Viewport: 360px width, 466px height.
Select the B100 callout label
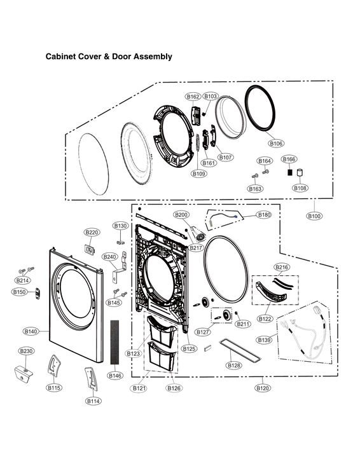pos(314,216)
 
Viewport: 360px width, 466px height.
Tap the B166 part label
pos(289,159)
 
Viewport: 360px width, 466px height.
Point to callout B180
pos(264,216)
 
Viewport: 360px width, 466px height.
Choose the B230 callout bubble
pos(26,351)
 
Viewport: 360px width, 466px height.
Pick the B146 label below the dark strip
pos(115,376)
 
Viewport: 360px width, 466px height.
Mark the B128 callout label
pos(234,366)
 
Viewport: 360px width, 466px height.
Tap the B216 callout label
pos(282,267)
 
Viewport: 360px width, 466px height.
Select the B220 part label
pos(92,232)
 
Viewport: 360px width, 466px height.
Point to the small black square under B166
pos(289,172)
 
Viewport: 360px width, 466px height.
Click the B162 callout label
pos(193,97)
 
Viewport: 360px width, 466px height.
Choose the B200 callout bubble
pos(181,215)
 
